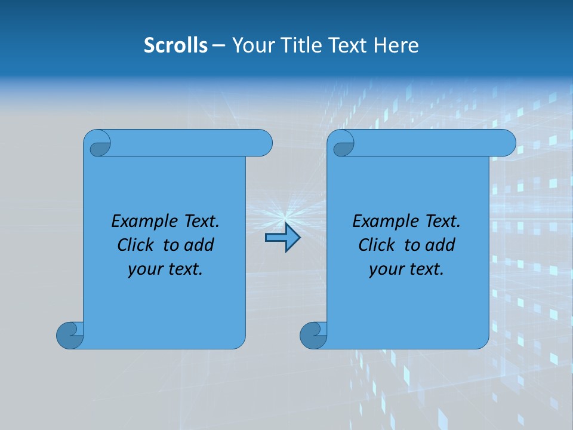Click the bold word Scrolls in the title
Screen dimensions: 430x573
(175, 45)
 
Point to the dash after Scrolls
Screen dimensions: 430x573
(218, 45)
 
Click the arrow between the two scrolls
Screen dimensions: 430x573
(282, 238)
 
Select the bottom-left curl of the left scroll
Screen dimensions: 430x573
(70, 335)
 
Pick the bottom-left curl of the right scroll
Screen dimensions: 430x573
(314, 335)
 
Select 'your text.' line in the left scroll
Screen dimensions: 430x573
(165, 269)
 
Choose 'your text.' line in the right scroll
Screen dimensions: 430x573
(406, 269)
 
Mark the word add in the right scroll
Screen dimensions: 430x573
(440, 245)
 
